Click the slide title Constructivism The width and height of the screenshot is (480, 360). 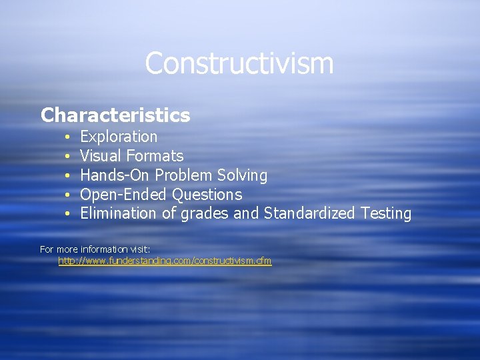pyautogui.click(x=239, y=64)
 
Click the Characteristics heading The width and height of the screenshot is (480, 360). pyautogui.click(x=115, y=115)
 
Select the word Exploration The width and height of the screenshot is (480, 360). pyautogui.click(x=119, y=137)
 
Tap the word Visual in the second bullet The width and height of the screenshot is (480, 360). pyautogui.click(x=97, y=156)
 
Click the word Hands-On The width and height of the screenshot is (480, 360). pyautogui.click(x=115, y=175)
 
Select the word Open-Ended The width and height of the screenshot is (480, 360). pyautogui.click(x=124, y=195)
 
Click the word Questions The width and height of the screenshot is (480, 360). pyautogui.click(x=207, y=195)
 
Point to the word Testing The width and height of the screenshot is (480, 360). pyautogui.click(x=386, y=214)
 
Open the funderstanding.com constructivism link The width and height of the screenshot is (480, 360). pyautogui.click(x=165, y=261)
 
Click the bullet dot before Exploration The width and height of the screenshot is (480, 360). pyautogui.click(x=68, y=137)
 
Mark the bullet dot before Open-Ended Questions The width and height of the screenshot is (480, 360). pyautogui.click(x=68, y=195)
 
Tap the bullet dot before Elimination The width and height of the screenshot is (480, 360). pyautogui.click(x=68, y=214)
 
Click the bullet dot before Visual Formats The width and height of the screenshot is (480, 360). pyautogui.click(x=68, y=157)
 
